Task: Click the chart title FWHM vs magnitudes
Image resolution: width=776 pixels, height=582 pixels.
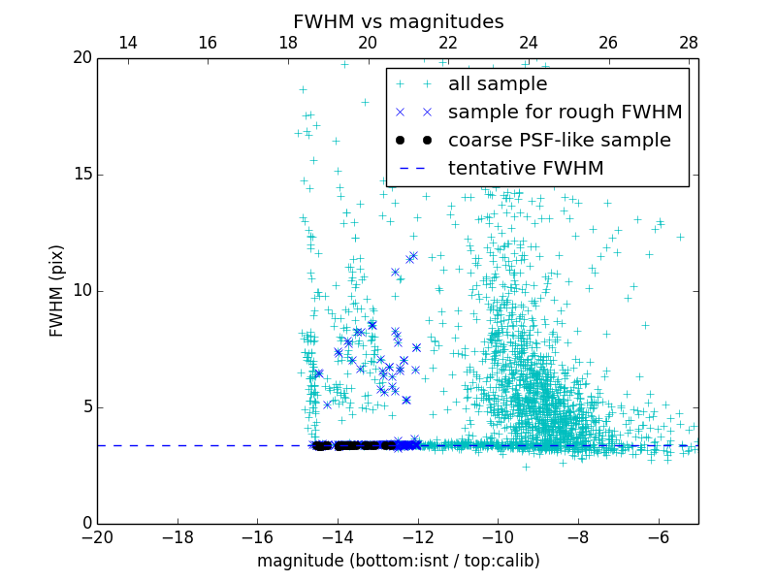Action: [398, 21]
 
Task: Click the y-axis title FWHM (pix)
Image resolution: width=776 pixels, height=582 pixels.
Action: [57, 291]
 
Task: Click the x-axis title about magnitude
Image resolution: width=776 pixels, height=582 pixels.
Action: [398, 561]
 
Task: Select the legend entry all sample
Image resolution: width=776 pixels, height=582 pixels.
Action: [497, 84]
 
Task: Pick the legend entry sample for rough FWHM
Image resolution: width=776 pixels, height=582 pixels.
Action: [565, 113]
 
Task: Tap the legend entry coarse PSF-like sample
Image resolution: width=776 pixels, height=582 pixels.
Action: [559, 141]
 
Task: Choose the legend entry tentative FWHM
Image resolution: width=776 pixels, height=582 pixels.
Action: [525, 169]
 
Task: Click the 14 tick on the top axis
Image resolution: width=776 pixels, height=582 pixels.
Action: [127, 43]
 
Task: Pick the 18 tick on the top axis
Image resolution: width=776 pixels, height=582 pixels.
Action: [288, 43]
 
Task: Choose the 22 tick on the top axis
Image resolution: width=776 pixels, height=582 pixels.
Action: [448, 43]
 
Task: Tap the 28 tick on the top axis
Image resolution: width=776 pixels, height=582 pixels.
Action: [689, 43]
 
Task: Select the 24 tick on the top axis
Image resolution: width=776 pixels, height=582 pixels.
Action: [529, 43]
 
